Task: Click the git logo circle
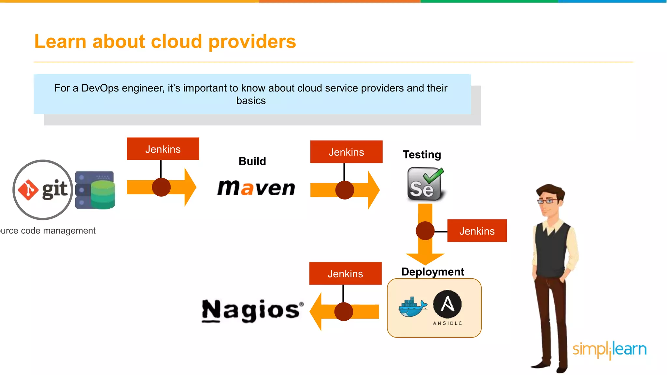tap(43, 189)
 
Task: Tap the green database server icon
tap(95, 190)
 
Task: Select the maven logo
tap(256, 188)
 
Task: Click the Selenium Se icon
tap(425, 184)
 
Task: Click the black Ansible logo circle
tap(447, 304)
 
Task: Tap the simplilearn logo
tap(609, 350)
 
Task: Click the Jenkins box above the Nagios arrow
tap(345, 274)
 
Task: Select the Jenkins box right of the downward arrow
tap(477, 231)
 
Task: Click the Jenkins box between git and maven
tap(163, 149)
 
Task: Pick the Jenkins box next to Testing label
tap(346, 152)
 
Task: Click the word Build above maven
tap(252, 161)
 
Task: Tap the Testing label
tap(422, 155)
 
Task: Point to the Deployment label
tap(433, 272)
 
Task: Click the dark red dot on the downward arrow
tap(425, 231)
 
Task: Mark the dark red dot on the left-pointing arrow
tap(344, 312)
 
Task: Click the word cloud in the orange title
tap(176, 42)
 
